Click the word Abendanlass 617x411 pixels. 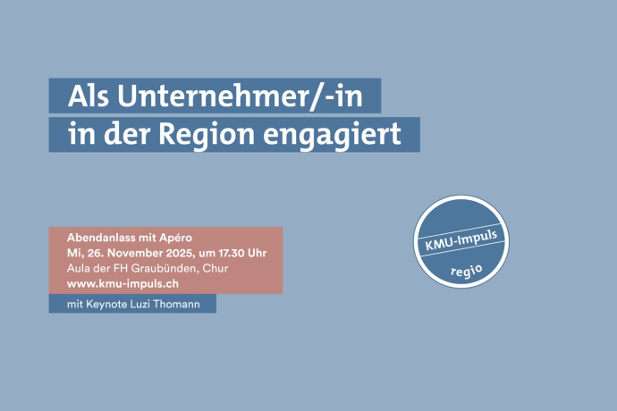click(x=105, y=238)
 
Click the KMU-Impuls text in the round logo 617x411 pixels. click(x=460, y=236)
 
